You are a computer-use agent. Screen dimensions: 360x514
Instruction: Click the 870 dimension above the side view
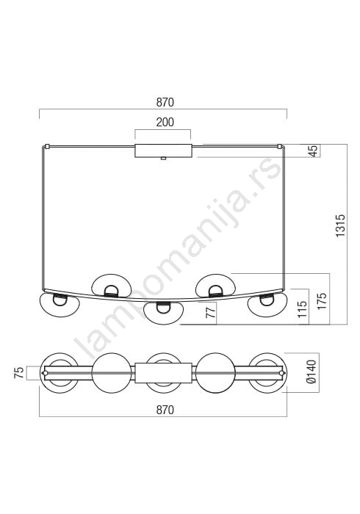point(165,103)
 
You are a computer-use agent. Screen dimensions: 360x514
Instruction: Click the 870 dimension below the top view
point(165,410)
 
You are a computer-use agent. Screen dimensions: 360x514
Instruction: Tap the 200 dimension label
point(165,123)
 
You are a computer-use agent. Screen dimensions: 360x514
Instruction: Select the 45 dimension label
point(314,151)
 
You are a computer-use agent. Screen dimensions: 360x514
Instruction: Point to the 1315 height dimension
point(341,226)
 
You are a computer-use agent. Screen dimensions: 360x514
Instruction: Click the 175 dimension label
point(323,301)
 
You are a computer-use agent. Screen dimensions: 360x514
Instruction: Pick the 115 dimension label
point(302,309)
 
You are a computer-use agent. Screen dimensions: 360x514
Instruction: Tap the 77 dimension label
point(212,311)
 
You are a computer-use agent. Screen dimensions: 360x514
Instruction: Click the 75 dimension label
point(19,373)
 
